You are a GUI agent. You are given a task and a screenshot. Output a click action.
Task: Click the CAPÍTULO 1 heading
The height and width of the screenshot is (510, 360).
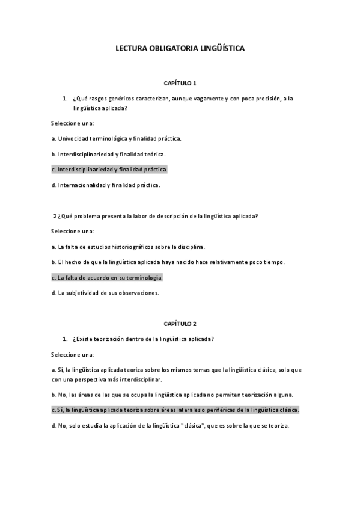(x=180, y=82)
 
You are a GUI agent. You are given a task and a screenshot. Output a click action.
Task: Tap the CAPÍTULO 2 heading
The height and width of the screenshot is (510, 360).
(x=180, y=324)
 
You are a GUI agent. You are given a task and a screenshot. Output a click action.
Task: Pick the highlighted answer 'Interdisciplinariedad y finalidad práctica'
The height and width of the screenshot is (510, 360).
(x=109, y=170)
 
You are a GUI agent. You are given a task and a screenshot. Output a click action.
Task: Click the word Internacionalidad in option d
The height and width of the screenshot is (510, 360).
(x=82, y=185)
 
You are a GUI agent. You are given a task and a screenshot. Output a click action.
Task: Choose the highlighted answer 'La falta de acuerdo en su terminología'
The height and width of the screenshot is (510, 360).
(x=107, y=278)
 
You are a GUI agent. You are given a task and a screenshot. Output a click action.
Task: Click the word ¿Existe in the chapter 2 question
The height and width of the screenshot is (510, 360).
(x=82, y=339)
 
